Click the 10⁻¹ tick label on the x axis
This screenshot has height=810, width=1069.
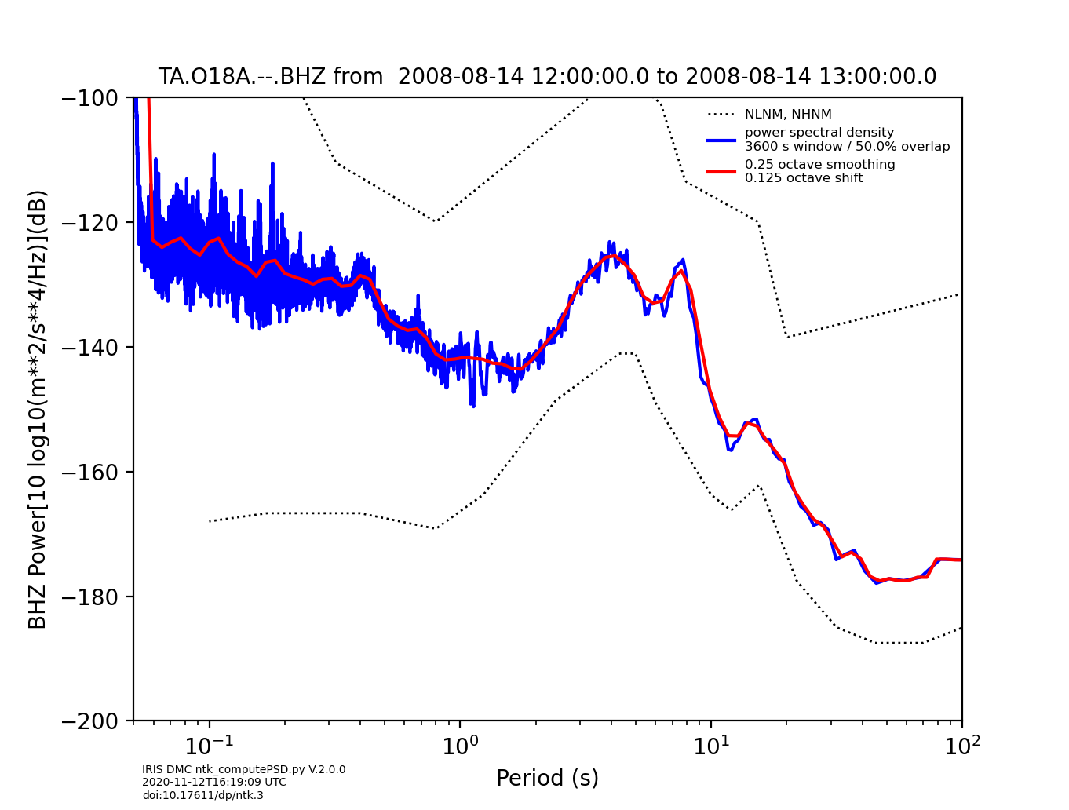[x=209, y=743]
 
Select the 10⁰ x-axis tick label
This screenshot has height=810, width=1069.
[x=460, y=743]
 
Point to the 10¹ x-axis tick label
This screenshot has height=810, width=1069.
[x=711, y=743]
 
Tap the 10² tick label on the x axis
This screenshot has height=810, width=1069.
[x=961, y=743]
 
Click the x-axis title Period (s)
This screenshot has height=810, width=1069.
[x=547, y=779]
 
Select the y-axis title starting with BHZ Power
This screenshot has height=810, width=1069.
[x=38, y=409]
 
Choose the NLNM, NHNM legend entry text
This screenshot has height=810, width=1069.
[x=788, y=115]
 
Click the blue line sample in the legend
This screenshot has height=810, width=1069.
[x=721, y=140]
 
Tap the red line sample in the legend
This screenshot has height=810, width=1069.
[x=721, y=171]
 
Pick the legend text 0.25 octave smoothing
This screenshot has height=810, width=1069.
[x=819, y=165]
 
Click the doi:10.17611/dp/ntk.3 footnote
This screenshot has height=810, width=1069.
[x=202, y=795]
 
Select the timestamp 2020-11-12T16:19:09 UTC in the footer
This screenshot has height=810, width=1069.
[x=213, y=783]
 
